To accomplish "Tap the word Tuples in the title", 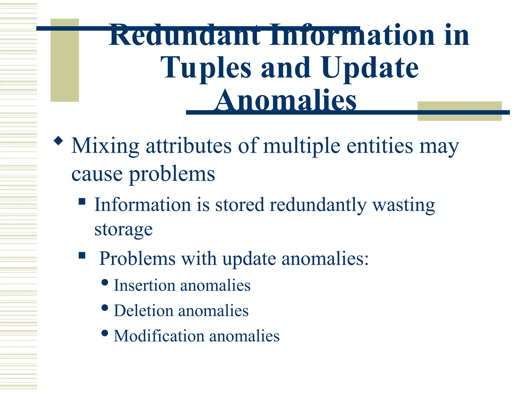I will pos(206,68).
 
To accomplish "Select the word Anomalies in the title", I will pos(285,100).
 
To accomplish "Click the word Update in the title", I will pos(370,68).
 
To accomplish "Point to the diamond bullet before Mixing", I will pos(58,141).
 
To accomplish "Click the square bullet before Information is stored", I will pos(82,202).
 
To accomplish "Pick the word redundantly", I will pos(318,205).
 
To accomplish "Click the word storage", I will pos(123,229).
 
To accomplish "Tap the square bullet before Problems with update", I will pos(82,255).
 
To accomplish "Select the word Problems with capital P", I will pos(137,258).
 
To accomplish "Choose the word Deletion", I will pos(143,311).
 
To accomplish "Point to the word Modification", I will pos(159,336).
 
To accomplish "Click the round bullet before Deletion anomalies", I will pos(105,308).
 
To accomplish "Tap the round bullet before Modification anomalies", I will pos(105,333).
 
